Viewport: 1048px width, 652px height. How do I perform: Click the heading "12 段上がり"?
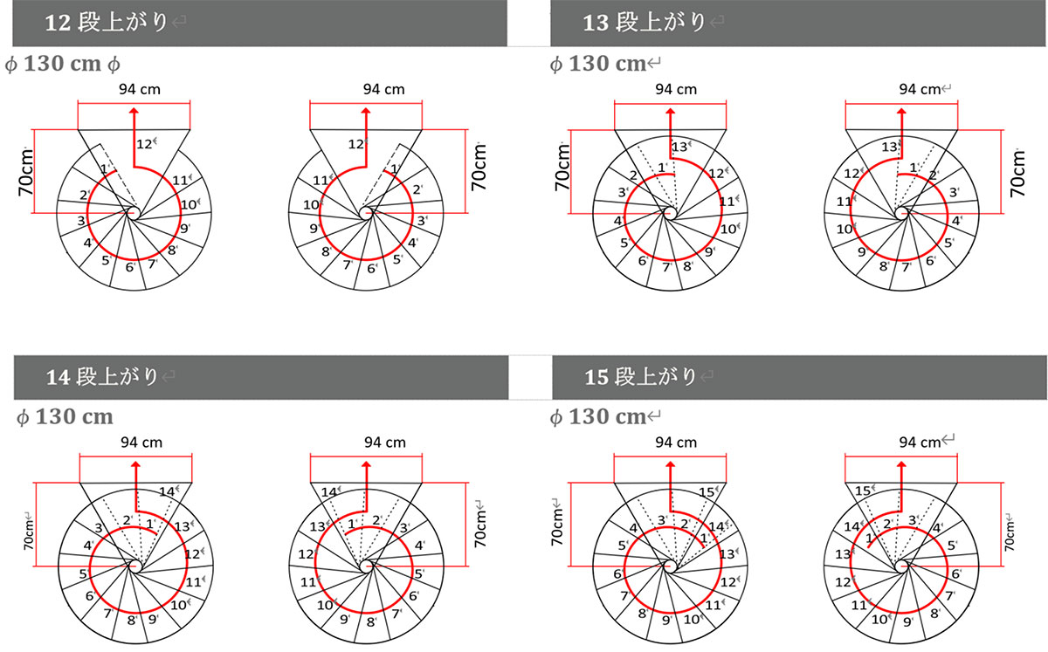tap(106, 22)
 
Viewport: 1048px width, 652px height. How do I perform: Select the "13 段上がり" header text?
tap(644, 22)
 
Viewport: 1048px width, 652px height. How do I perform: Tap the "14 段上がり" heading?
tap(101, 376)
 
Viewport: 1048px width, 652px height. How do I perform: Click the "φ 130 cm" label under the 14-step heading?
tap(65, 416)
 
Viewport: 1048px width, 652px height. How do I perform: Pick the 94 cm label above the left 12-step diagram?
tap(140, 89)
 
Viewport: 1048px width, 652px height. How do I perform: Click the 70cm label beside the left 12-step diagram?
tap(26, 172)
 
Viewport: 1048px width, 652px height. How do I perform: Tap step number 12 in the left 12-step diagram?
tap(143, 144)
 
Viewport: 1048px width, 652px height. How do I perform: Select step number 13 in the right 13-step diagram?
tap(889, 147)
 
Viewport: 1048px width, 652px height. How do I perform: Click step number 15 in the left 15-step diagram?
tap(707, 492)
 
